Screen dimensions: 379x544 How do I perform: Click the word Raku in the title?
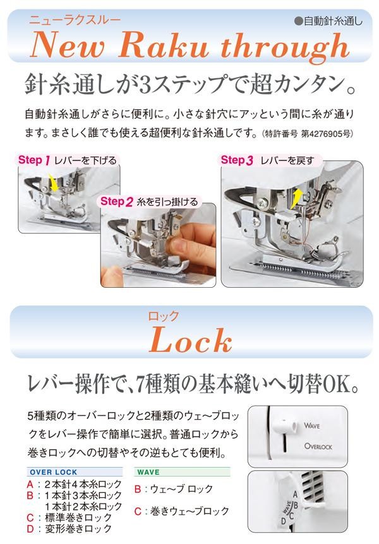pyautogui.click(x=163, y=45)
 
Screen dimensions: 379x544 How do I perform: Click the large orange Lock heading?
pyautogui.click(x=191, y=340)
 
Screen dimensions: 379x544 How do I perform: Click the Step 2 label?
pyautogui.click(x=117, y=201)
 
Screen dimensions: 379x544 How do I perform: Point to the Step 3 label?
pyautogui.click(x=237, y=160)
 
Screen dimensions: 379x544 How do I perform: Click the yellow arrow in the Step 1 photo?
pyautogui.click(x=54, y=182)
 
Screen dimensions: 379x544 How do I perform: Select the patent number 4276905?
pyautogui.click(x=327, y=134)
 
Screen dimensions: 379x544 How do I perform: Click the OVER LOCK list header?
pyautogui.click(x=54, y=472)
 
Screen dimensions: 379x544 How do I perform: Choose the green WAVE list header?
pyautogui.click(x=148, y=472)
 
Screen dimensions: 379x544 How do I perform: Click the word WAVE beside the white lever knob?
pyautogui.click(x=311, y=426)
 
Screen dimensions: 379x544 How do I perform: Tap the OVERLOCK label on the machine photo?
pyautogui.click(x=318, y=447)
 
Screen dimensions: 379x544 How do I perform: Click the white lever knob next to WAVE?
pyautogui.click(x=284, y=425)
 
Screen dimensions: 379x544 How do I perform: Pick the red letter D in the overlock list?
pyautogui.click(x=30, y=529)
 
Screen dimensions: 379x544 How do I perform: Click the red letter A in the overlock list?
pyautogui.click(x=30, y=484)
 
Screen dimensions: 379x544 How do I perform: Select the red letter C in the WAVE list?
pyautogui.click(x=138, y=511)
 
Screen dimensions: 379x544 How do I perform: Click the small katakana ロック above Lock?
pyautogui.click(x=163, y=316)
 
